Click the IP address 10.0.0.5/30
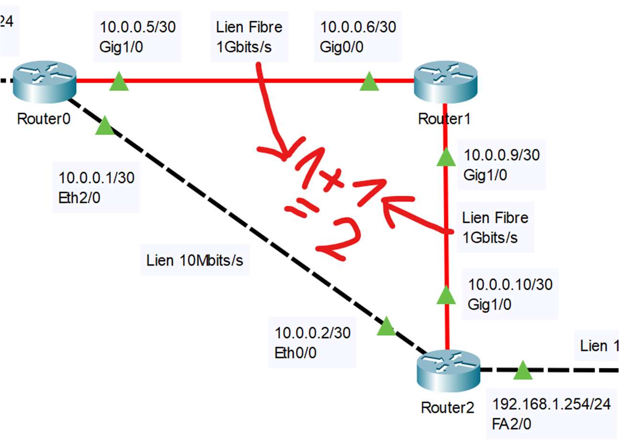point(137,27)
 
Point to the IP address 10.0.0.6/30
point(358,27)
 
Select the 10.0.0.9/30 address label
point(502,155)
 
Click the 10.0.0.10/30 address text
point(510,285)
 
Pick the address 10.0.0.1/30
point(96,178)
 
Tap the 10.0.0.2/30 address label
point(312,332)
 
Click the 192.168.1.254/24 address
point(551,404)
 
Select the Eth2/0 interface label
point(79,198)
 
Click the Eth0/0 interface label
point(295,353)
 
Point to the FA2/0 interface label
point(511,424)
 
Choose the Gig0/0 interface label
point(341,47)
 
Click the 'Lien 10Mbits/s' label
point(195,261)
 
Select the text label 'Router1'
point(444,119)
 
